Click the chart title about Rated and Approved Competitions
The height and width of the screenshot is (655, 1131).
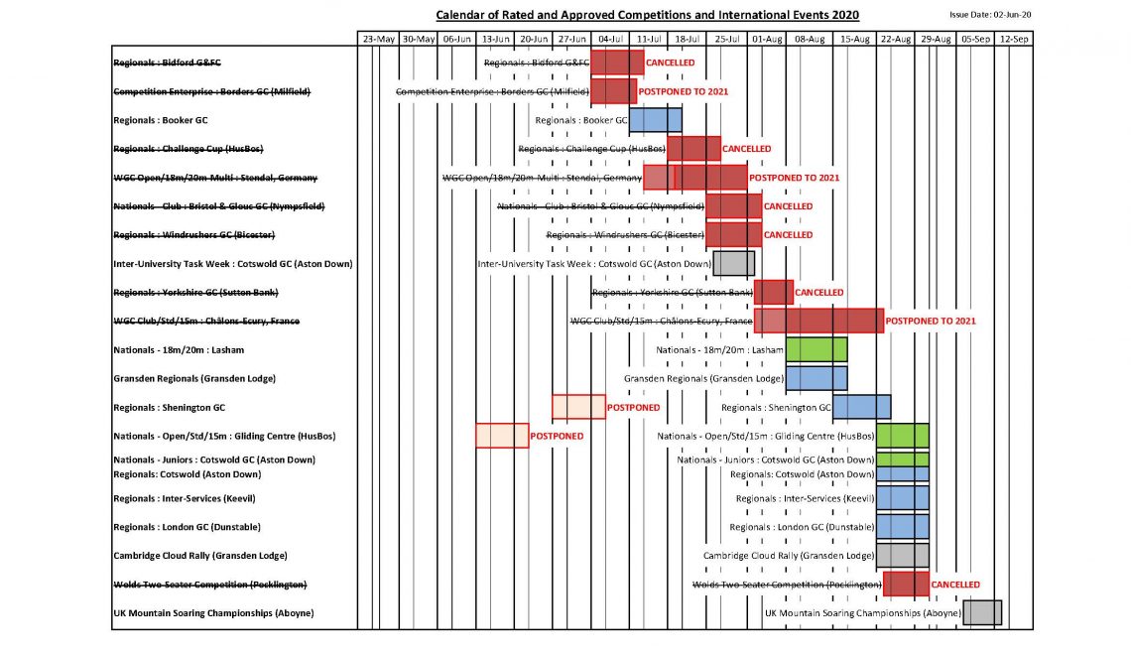648,15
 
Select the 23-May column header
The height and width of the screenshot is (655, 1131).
378,39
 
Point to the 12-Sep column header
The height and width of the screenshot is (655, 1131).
1013,39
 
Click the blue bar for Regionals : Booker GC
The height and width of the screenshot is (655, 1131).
655,120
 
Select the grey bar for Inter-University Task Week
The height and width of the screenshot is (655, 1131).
733,263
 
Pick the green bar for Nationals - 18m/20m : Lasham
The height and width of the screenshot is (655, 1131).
817,349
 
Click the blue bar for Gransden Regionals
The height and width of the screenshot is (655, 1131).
817,378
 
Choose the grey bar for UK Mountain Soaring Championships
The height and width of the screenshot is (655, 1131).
982,612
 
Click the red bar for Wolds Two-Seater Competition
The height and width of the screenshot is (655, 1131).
906,585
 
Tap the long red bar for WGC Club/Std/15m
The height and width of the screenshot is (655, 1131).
818,321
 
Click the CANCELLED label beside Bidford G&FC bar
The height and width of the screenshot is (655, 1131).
670,63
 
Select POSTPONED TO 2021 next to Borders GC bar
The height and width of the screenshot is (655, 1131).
683,91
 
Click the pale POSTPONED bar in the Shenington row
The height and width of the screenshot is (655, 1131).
578,407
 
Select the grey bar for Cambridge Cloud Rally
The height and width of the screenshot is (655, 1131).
902,556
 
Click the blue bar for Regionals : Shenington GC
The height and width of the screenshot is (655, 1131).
861,407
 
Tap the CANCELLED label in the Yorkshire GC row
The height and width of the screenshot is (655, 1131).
819,293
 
